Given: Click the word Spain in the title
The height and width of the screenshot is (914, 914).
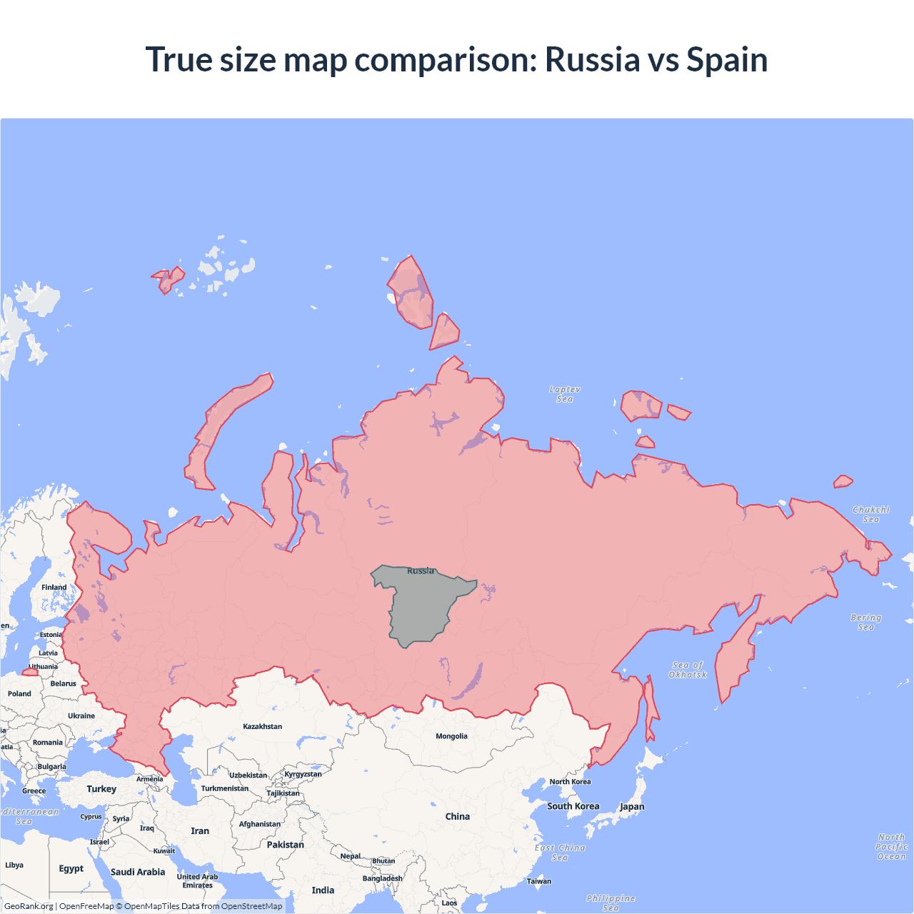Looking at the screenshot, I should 727,60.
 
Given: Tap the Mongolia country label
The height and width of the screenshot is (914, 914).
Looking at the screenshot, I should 451,736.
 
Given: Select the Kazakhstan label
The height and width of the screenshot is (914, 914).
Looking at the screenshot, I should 262,726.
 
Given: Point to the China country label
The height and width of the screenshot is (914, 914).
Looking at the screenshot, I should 457,816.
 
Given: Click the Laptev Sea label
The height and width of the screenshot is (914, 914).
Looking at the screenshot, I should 565,394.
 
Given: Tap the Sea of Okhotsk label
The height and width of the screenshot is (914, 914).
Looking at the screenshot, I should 688,670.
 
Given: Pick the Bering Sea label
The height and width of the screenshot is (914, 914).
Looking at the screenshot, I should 865,622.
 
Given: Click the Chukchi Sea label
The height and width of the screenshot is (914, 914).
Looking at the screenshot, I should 870,514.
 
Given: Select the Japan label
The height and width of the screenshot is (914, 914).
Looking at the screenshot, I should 632,807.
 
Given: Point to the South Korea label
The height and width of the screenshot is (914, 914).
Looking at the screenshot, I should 573,806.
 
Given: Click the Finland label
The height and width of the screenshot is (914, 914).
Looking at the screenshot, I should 54,588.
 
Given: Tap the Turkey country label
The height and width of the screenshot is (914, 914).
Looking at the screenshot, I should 101,789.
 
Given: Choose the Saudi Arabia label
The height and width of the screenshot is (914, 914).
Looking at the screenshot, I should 138,872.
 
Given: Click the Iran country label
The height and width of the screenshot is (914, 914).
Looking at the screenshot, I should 200,831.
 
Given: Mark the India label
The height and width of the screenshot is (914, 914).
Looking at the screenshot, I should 323,890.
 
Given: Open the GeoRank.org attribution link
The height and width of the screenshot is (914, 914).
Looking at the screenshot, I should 29,906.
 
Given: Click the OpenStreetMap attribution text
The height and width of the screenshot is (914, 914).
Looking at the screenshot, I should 251,906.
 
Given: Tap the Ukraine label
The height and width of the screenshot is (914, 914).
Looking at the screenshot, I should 81,715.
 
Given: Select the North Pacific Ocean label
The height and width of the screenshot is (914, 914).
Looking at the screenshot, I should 891,847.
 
